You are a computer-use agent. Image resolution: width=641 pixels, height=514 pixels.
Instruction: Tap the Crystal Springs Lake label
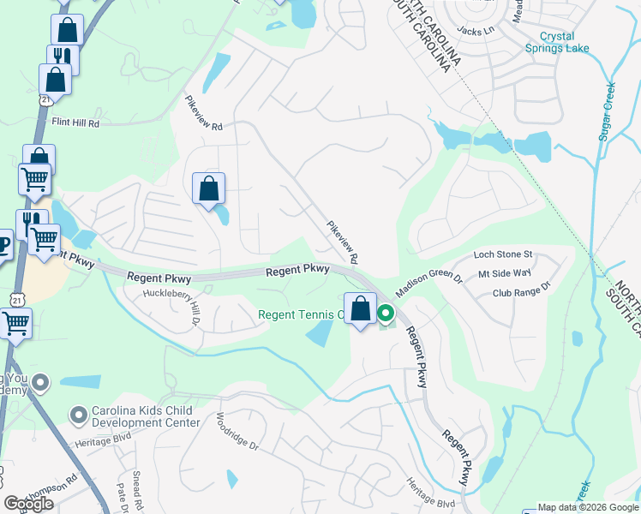pyautogui.click(x=564, y=42)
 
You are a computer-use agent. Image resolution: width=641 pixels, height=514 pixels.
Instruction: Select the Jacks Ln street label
pyautogui.click(x=476, y=31)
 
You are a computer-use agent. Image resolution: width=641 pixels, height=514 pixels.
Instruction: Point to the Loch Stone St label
pyautogui.click(x=503, y=255)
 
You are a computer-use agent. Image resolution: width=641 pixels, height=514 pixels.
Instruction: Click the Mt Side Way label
pyautogui.click(x=505, y=274)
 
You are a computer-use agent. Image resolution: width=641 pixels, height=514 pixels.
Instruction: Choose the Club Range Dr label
pyautogui.click(x=519, y=294)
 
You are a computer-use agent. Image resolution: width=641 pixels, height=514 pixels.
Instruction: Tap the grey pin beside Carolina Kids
pyautogui.click(x=80, y=415)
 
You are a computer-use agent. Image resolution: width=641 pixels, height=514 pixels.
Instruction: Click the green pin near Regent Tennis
pyautogui.click(x=386, y=314)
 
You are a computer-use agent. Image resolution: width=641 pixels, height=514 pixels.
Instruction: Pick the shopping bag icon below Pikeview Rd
pyautogui.click(x=209, y=188)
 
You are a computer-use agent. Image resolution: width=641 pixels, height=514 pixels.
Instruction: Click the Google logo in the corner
pyautogui.click(x=29, y=504)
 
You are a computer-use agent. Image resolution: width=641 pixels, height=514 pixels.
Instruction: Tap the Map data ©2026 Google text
pyautogui.click(x=588, y=507)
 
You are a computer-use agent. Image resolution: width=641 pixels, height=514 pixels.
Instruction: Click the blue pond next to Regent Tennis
pyautogui.click(x=320, y=332)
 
